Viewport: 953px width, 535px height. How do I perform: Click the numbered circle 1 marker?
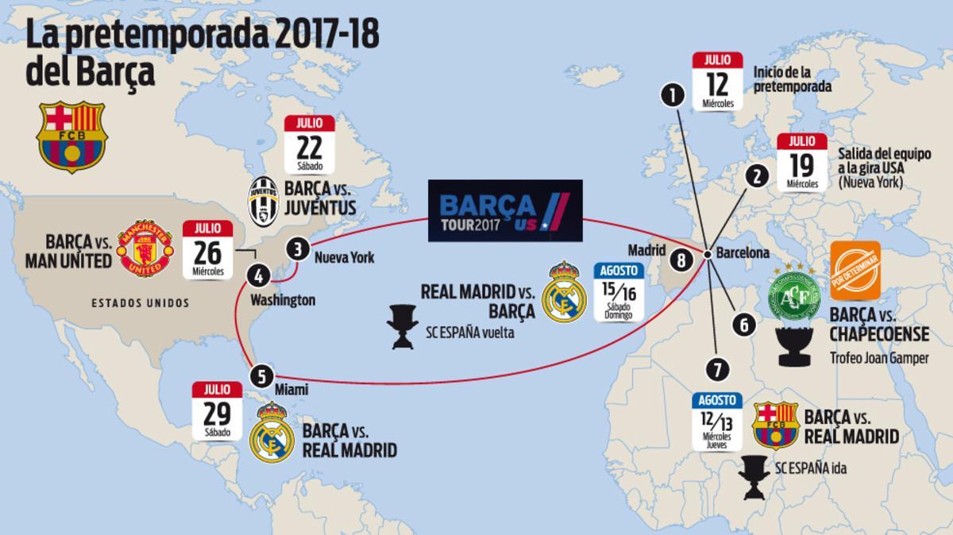(x=673, y=96)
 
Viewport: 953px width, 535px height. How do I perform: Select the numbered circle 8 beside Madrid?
(x=680, y=259)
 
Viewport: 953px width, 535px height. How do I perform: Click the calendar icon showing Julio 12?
(x=717, y=81)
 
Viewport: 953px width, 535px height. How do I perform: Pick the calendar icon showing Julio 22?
(x=310, y=144)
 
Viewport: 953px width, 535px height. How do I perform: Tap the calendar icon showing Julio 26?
(x=208, y=249)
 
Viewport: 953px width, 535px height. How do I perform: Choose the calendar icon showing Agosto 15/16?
(x=620, y=292)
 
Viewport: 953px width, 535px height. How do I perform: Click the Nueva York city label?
(x=344, y=258)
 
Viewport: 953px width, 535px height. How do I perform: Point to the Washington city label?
(x=283, y=300)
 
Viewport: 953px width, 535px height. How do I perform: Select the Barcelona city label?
(x=743, y=254)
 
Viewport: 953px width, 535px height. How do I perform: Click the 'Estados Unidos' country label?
(x=141, y=302)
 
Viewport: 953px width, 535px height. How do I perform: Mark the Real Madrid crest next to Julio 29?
(x=272, y=432)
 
